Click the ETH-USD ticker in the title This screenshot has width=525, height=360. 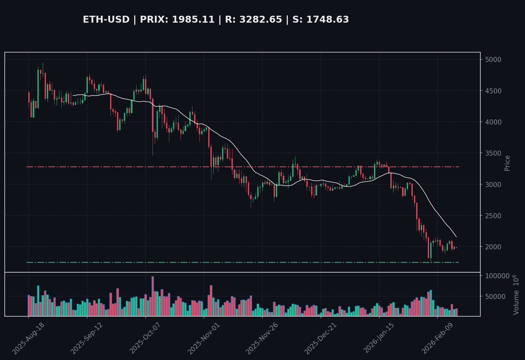(x=106, y=19)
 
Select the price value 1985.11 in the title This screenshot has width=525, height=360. (x=193, y=19)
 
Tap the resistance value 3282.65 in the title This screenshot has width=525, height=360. (x=261, y=19)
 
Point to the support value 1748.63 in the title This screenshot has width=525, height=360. (x=328, y=19)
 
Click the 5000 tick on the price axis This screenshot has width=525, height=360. (x=493, y=59)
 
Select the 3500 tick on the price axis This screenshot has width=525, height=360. (x=493, y=153)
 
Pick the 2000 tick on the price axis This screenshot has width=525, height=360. (x=493, y=247)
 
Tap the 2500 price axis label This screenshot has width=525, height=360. (x=493, y=216)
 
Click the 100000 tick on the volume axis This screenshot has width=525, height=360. (x=497, y=276)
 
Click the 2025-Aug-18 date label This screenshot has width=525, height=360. (x=29, y=338)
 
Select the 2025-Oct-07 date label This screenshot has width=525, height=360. (x=145, y=338)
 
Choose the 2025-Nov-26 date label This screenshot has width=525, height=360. (x=262, y=338)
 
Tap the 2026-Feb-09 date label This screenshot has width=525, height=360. (x=437, y=338)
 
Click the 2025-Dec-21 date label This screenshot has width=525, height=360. (x=321, y=338)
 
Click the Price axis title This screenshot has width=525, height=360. (x=507, y=163)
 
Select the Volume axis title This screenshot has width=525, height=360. (x=516, y=295)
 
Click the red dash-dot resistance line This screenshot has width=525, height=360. (x=189, y=167)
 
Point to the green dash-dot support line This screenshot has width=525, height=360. (x=189, y=262)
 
